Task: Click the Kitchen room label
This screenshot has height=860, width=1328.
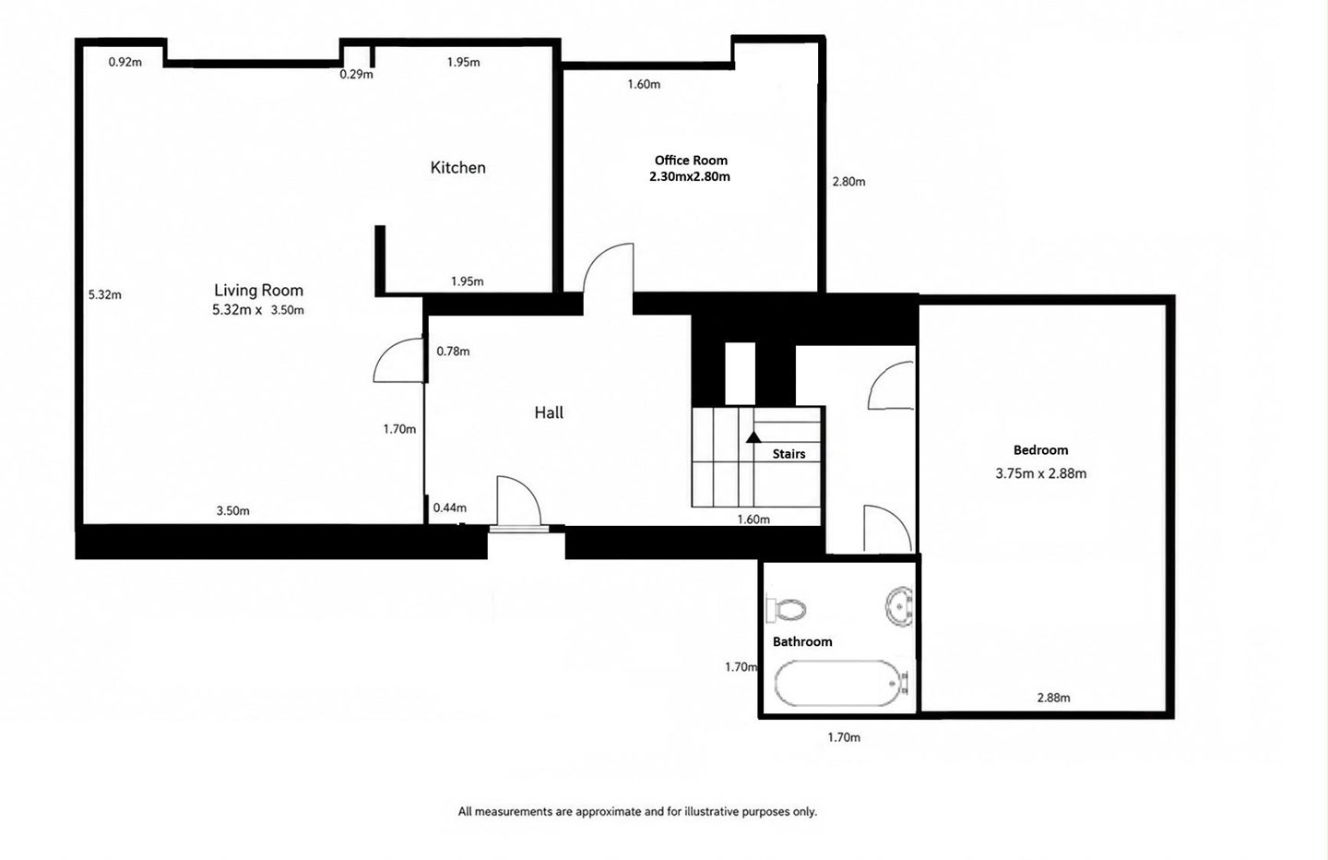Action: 457,168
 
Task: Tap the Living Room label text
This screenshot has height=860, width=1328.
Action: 258,290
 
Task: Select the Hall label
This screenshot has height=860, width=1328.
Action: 549,412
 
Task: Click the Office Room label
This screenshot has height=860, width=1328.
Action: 691,161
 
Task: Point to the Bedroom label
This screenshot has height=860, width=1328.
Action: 1040,450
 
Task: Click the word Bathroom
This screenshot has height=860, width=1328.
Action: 802,641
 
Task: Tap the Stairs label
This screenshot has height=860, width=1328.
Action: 788,454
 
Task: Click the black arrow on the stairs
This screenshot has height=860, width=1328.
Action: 753,437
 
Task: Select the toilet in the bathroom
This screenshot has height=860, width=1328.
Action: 786,609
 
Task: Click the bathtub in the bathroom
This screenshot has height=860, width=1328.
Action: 841,684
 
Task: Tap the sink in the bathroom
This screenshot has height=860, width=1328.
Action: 900,606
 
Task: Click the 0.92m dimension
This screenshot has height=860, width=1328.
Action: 125,62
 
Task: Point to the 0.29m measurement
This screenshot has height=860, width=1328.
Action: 356,74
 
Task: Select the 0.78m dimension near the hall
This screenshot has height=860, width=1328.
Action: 453,352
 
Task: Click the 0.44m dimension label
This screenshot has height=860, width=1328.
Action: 449,508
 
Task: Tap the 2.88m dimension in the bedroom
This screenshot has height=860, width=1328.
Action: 1053,698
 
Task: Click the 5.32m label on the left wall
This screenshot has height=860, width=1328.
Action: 105,294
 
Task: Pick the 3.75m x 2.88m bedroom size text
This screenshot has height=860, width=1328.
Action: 1040,473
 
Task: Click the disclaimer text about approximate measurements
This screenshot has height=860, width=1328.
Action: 637,811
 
